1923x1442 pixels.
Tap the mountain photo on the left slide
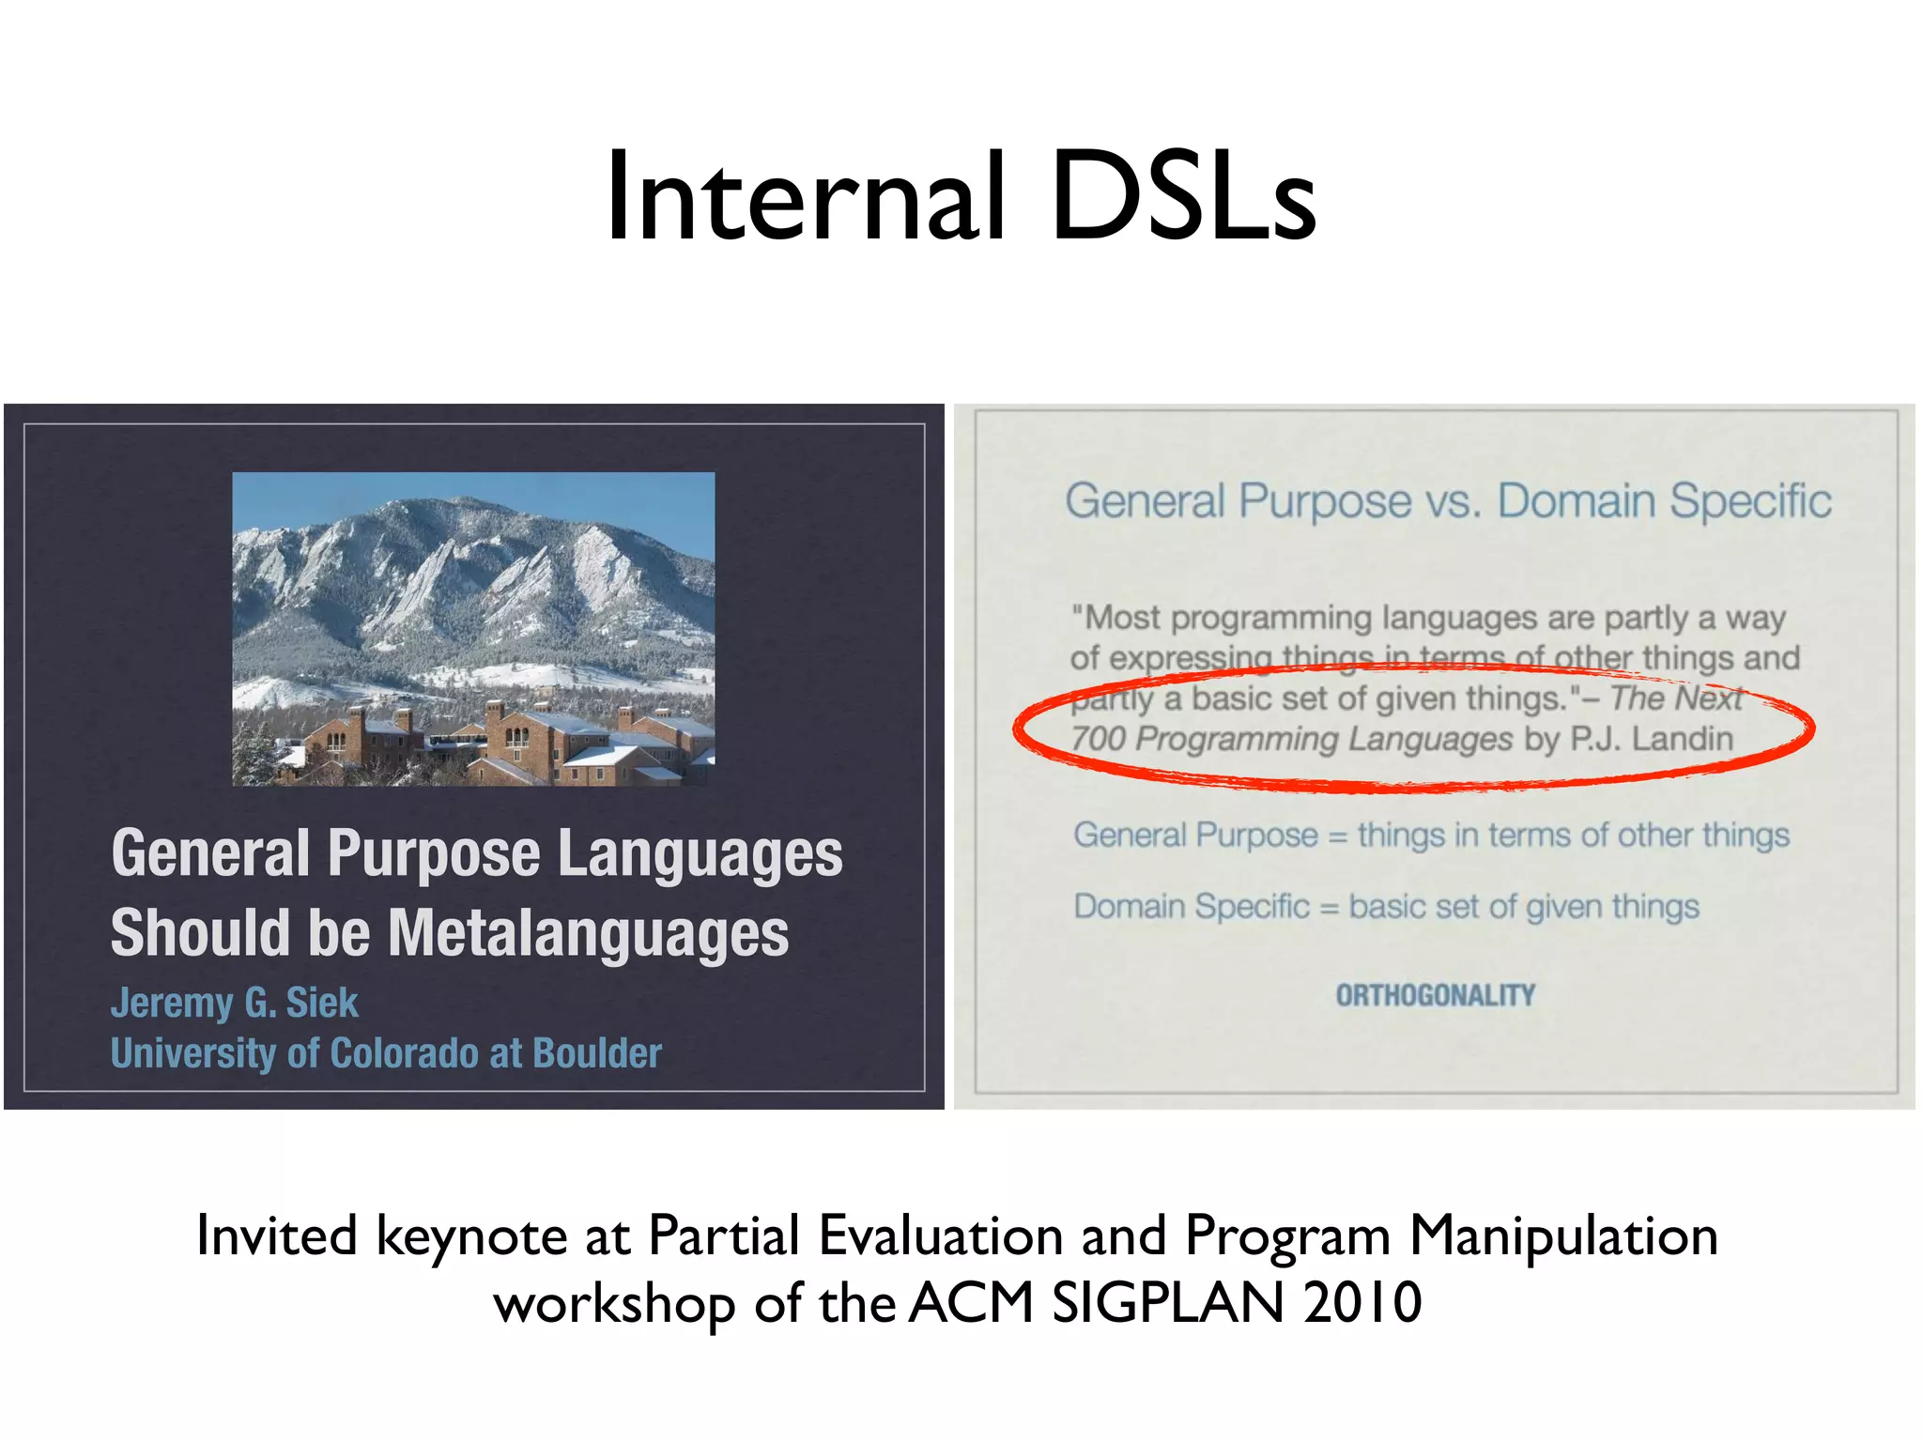point(473,628)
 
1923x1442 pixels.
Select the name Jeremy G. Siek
point(235,1003)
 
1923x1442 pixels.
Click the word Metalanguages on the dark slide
point(589,933)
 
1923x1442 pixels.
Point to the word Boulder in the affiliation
point(597,1053)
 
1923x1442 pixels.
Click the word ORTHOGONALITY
point(1436,995)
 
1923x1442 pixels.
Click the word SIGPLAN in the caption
point(1167,1303)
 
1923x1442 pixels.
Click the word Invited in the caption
point(277,1235)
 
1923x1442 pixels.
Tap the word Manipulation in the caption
point(1563,1235)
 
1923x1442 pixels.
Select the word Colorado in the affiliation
point(406,1053)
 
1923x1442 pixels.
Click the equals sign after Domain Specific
point(1329,908)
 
